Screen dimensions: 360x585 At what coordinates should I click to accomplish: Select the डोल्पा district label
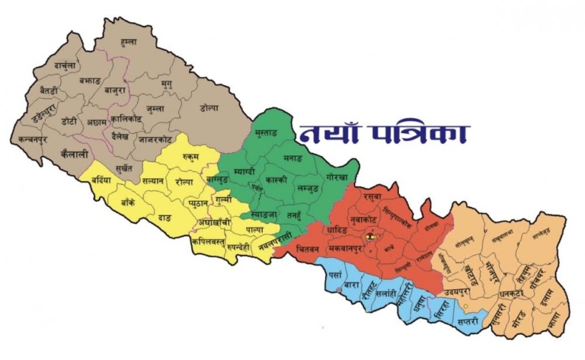[209, 108]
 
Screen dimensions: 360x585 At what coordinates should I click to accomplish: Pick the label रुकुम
[190, 157]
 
